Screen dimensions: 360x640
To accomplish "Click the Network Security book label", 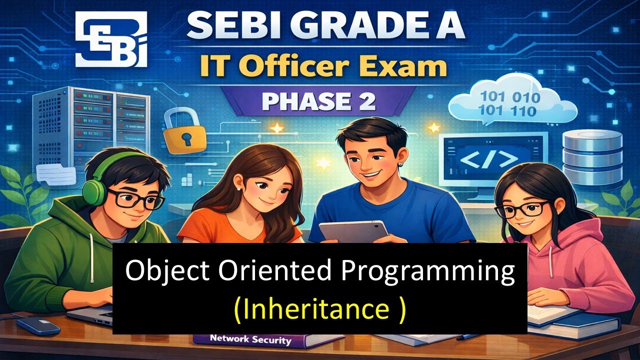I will pos(250,339).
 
